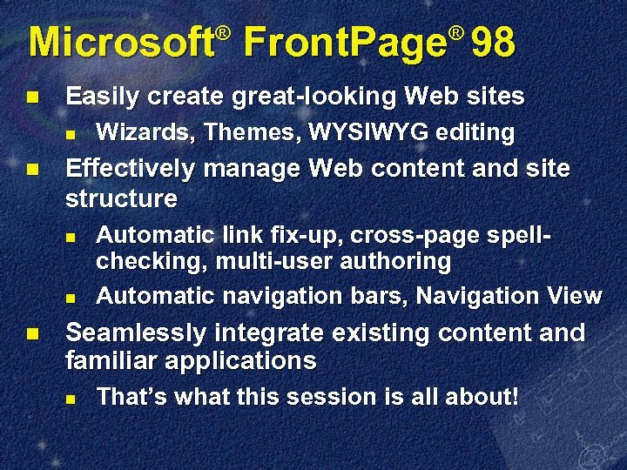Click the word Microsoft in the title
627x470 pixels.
pyautogui.click(x=122, y=43)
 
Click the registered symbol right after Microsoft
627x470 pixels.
pyautogui.click(x=223, y=33)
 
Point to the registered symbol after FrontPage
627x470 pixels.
pyautogui.click(x=455, y=33)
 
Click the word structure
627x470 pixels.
pyautogui.click(x=121, y=198)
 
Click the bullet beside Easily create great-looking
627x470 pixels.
pyautogui.click(x=32, y=96)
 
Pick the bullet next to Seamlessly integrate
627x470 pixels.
pyautogui.click(x=32, y=332)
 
